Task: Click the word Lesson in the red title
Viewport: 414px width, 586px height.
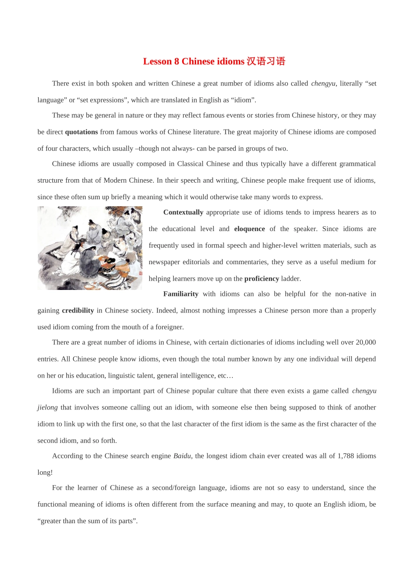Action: coord(157,61)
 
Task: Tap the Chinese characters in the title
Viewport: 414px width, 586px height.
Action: coord(266,61)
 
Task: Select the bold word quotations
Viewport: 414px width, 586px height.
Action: coord(81,132)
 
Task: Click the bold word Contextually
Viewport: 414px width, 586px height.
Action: coord(183,212)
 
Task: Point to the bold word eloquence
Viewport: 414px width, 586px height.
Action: coord(249,229)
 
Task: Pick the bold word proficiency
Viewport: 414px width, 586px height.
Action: coord(261,279)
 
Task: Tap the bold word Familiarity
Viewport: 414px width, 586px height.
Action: coord(180,294)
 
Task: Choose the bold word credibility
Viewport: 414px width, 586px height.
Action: coord(78,310)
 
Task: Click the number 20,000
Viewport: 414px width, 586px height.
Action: coord(366,342)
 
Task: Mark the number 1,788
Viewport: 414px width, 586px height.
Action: coord(346,456)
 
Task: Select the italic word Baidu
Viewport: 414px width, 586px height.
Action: coord(182,456)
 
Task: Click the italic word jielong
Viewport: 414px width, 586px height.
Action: coord(48,407)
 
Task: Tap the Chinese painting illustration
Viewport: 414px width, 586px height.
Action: coord(90,248)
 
